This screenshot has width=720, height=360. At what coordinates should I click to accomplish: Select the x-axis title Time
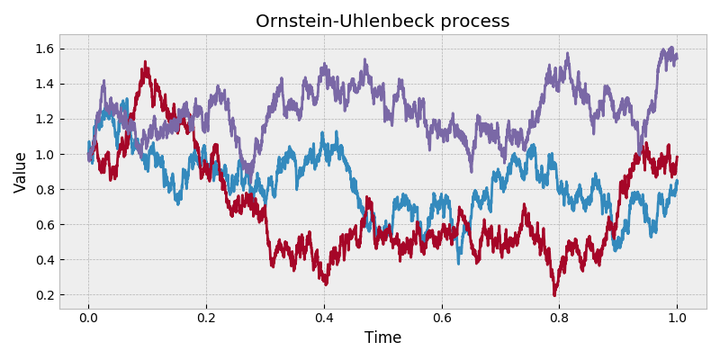[x=382, y=338]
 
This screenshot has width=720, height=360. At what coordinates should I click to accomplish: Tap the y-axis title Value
[x=20, y=172]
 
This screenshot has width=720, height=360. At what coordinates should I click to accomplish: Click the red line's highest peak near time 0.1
[x=146, y=64]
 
